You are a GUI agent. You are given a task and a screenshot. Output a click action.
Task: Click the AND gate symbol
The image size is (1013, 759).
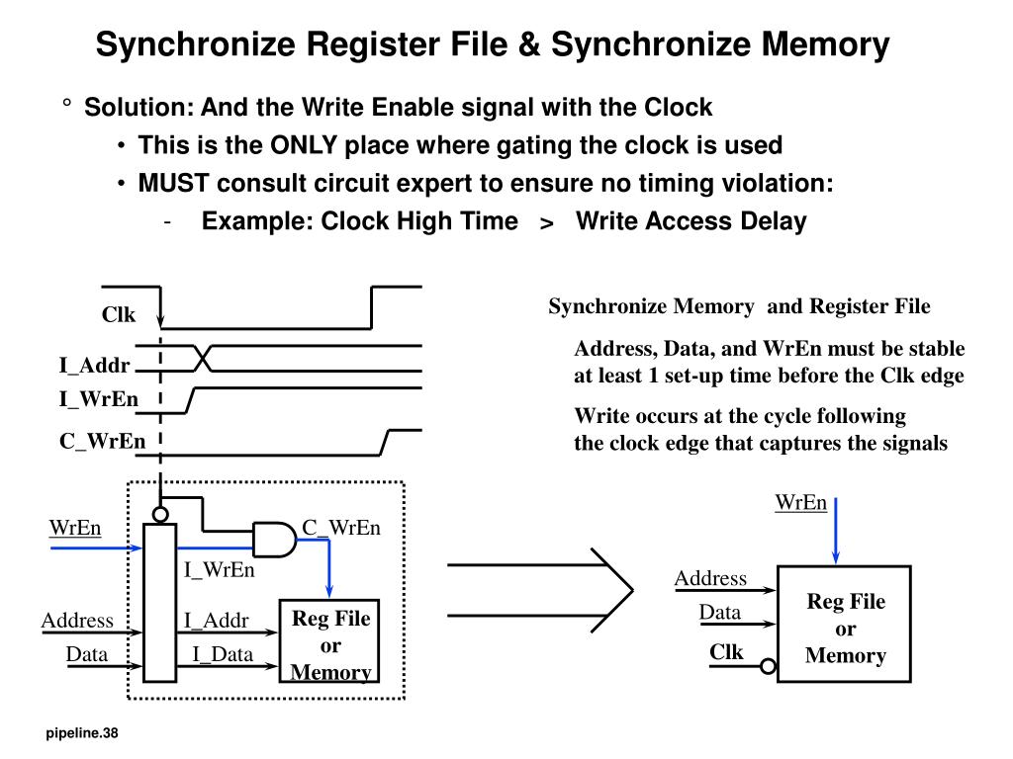click(273, 539)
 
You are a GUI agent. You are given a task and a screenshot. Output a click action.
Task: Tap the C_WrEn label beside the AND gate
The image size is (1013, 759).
click(341, 528)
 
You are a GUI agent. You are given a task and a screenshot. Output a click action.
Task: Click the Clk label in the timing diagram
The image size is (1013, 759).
click(118, 315)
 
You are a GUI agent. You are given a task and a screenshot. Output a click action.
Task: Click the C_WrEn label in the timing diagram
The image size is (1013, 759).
click(102, 441)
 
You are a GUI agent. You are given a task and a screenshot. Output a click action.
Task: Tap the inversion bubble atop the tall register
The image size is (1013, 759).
click(159, 514)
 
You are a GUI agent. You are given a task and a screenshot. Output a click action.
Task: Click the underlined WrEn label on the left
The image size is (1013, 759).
click(75, 528)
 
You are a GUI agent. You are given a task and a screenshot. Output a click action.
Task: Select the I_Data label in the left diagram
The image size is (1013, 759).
click(223, 654)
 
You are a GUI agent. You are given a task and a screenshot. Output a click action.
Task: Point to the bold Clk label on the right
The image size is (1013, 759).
click(726, 652)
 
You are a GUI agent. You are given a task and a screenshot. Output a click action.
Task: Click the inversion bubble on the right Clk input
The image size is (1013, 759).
click(769, 668)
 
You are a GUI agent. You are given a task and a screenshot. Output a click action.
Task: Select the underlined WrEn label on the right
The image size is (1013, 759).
click(800, 502)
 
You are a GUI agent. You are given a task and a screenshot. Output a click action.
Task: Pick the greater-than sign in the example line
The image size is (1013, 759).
click(546, 223)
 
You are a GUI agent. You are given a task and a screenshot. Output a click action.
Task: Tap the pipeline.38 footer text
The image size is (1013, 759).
click(81, 733)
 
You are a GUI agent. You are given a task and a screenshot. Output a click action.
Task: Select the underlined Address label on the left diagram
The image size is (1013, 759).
click(77, 621)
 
